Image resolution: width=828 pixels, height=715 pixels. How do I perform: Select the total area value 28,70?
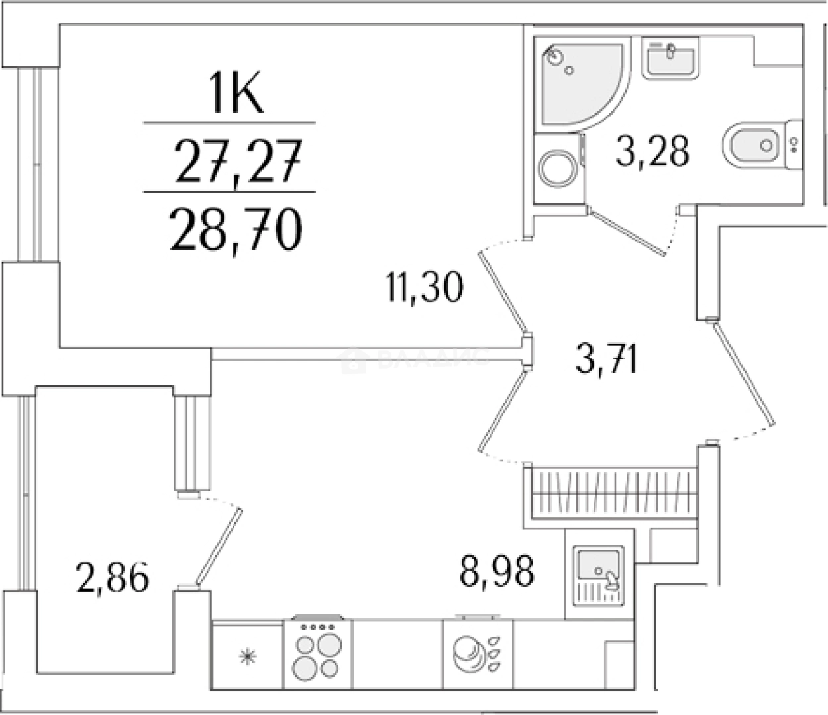coord(236,228)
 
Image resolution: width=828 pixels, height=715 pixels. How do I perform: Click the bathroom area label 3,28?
coord(652,150)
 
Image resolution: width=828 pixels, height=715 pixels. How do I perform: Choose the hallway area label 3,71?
coord(607,360)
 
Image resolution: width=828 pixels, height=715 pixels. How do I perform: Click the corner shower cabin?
coord(576,79)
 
